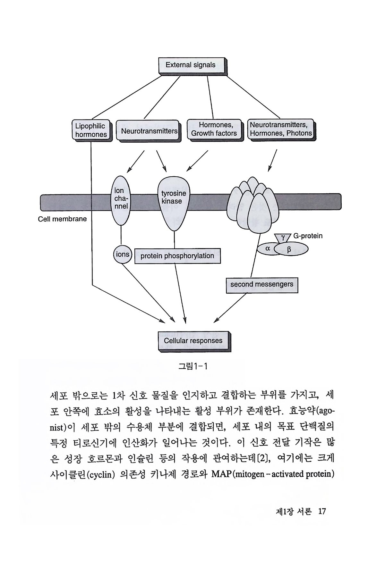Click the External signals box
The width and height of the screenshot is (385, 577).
tap(191, 65)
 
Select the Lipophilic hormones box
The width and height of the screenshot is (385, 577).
tap(91, 130)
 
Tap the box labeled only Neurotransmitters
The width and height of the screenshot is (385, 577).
tap(149, 131)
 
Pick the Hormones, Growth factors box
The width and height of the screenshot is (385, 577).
tap(214, 130)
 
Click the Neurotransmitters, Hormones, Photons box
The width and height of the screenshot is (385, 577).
tap(281, 129)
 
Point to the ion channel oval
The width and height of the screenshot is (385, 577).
tap(121, 200)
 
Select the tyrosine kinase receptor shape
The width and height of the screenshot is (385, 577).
tap(174, 202)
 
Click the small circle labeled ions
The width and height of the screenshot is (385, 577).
tap(122, 255)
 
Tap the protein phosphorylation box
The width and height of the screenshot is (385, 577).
tap(177, 256)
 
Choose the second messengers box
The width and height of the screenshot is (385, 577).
tap(261, 285)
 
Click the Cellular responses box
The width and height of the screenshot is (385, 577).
tap(193, 341)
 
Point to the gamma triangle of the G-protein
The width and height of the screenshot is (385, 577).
tap(283, 238)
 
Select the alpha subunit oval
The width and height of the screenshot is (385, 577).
tap(268, 249)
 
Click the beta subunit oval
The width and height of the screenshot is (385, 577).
tap(290, 249)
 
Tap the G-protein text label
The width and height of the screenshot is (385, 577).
tap(308, 236)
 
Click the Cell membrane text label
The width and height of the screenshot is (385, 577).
tap(62, 219)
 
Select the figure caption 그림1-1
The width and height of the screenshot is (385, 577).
tap(193, 366)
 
